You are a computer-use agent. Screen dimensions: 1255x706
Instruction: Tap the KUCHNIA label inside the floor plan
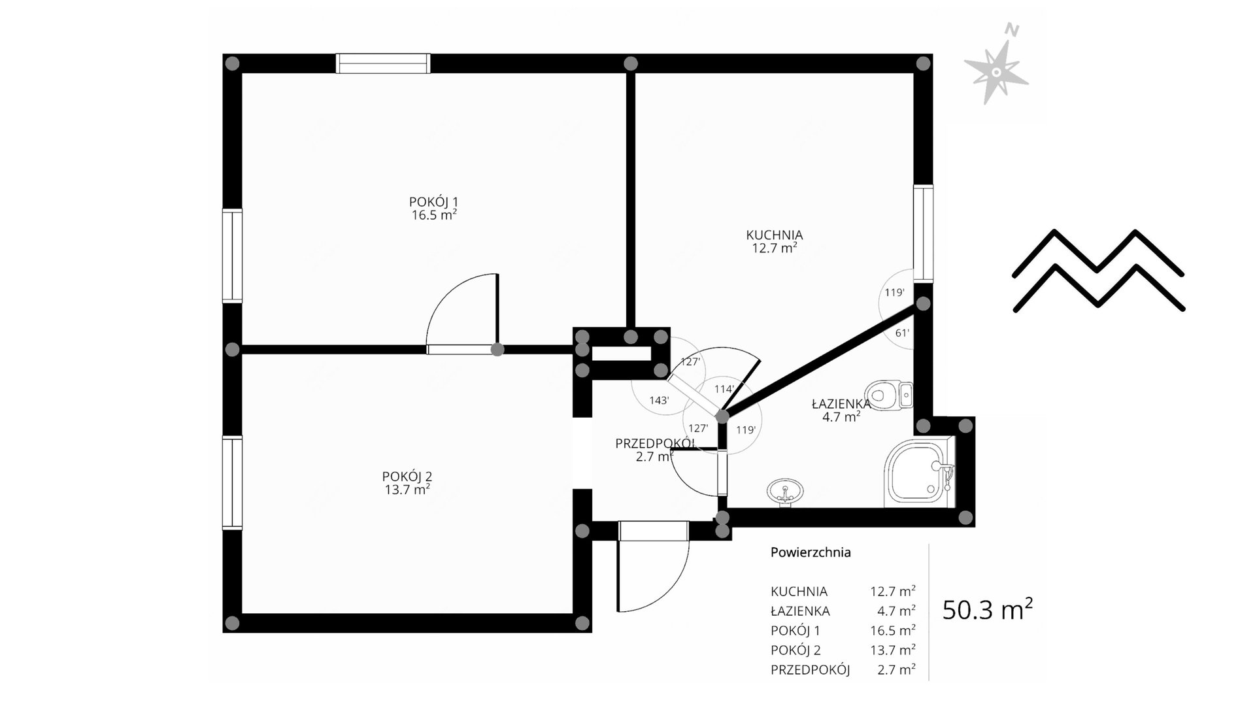coord(775,235)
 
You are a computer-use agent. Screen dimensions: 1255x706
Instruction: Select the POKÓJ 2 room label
coord(407,477)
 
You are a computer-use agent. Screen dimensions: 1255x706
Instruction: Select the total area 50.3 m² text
coord(988,609)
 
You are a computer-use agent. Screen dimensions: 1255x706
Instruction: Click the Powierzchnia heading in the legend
coord(811,552)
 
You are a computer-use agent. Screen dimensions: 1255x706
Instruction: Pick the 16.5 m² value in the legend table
coord(892,630)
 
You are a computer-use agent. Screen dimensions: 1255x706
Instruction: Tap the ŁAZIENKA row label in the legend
coord(800,611)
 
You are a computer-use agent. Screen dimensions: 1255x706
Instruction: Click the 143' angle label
coord(659,400)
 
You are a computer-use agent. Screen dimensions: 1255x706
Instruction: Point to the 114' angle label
coord(724,389)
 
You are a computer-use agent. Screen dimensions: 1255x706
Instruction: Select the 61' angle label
coord(902,332)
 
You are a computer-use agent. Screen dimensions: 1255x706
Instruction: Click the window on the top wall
coord(383,63)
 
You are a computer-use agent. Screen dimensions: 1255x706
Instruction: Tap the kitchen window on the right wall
coord(923,233)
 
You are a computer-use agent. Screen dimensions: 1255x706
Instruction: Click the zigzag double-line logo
coord(1098,270)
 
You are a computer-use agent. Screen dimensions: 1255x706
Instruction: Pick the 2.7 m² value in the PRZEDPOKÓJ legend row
coord(896,669)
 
